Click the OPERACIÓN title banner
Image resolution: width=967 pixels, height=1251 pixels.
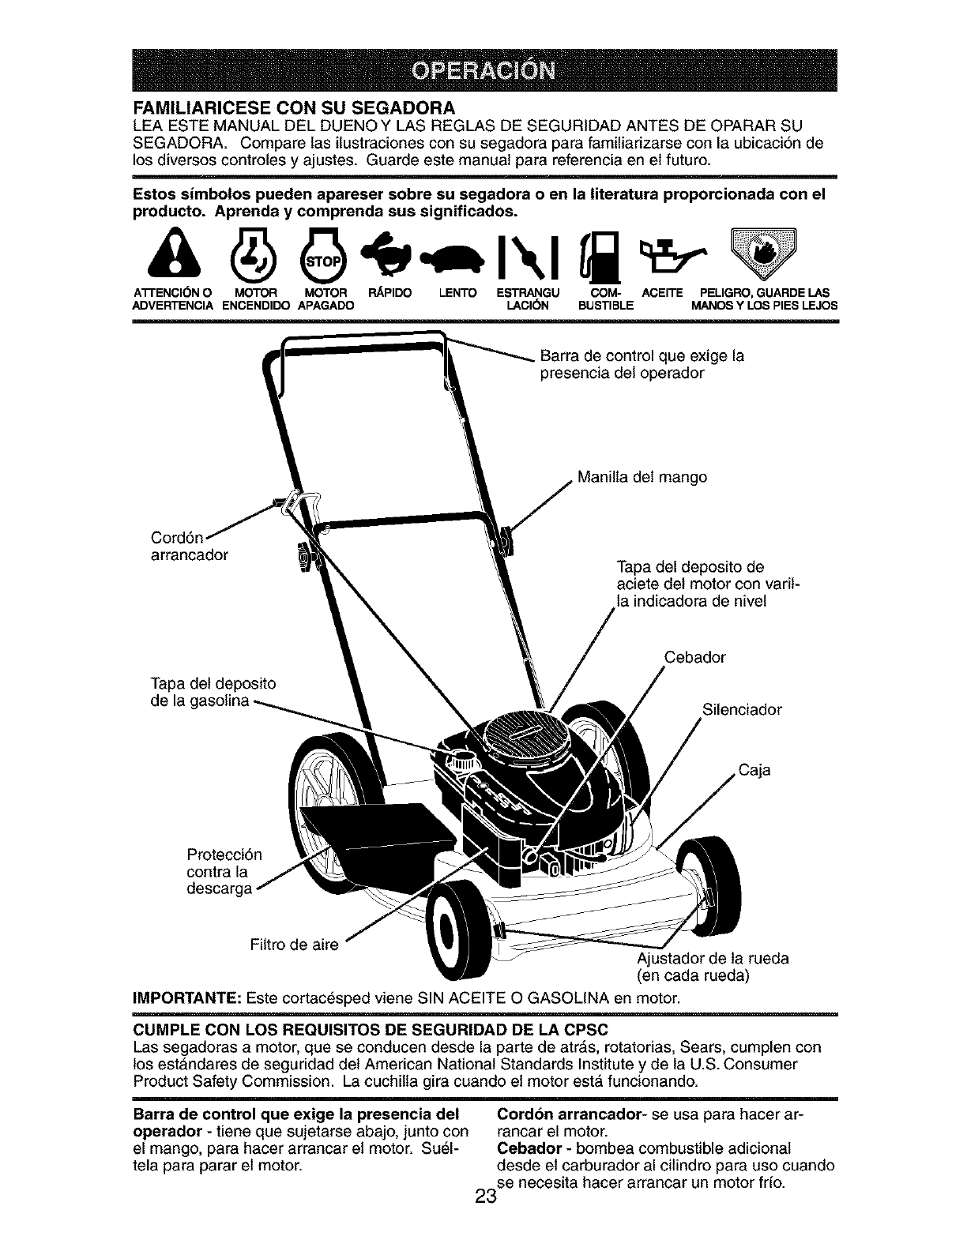(x=483, y=69)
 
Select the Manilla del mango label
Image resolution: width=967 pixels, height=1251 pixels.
(x=642, y=478)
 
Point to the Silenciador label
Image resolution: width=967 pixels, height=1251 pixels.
(x=741, y=709)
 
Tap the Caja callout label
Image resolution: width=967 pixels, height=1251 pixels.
(x=754, y=769)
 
